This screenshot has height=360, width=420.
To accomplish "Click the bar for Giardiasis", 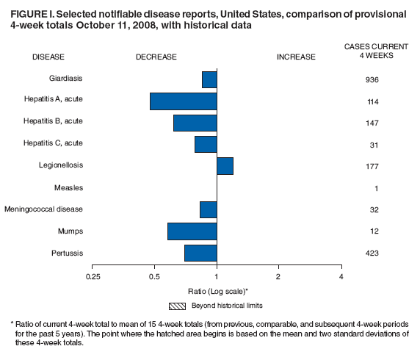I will coord(209,79).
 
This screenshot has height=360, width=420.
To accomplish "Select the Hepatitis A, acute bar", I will coord(184,101).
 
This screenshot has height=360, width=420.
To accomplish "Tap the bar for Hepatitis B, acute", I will coord(195,123).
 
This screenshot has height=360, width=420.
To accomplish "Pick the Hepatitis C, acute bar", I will coord(206,144).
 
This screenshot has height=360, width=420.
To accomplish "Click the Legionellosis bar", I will coord(225,166).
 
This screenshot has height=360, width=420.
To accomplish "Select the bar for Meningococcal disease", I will coord(209,209).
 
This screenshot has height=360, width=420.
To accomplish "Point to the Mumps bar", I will coord(192,231).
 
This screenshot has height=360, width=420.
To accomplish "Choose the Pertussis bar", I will coord(200,253).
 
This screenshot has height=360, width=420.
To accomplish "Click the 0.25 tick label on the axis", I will coord(93,276).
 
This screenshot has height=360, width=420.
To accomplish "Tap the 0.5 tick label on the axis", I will coord(155,276).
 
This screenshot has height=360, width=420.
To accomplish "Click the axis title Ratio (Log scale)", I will coord(217,290).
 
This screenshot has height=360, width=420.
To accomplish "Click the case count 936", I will coord(372,79).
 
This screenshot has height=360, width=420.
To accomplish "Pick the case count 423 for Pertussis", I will coord(372,253).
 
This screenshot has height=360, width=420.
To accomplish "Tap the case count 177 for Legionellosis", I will coord(372,167).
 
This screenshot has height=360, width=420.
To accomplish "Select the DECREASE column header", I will coord(156,57).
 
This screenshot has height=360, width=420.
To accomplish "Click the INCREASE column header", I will coord(296,57).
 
